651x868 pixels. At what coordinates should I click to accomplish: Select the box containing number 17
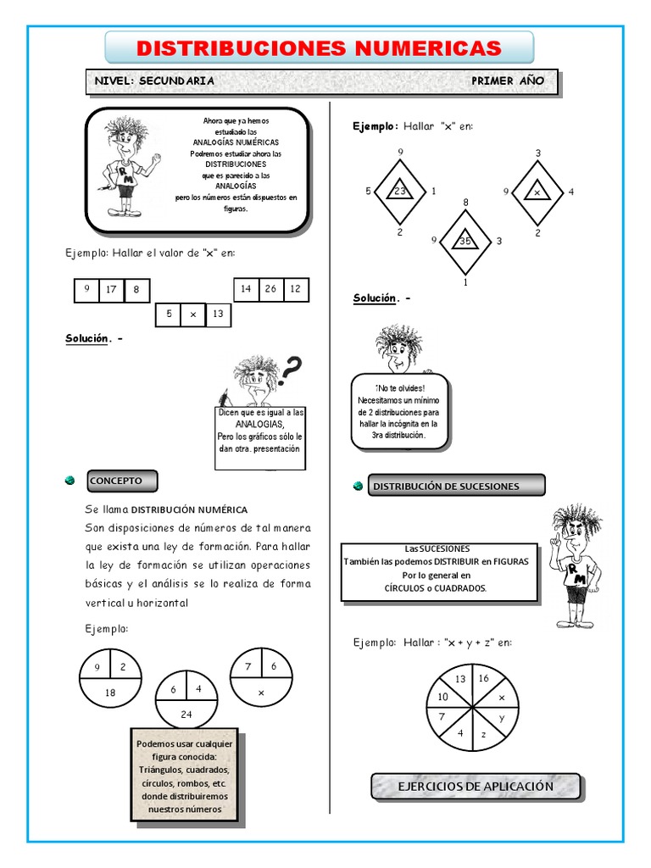pyautogui.click(x=111, y=290)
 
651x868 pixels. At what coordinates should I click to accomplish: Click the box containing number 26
pyautogui.click(x=271, y=289)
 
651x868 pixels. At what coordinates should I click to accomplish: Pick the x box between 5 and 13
pyautogui.click(x=192, y=314)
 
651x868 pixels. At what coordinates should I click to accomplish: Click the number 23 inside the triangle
pyautogui.click(x=400, y=192)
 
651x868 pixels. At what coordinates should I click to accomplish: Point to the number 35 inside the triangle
pyautogui.click(x=465, y=241)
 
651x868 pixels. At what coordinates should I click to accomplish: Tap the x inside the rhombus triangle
pyautogui.click(x=537, y=192)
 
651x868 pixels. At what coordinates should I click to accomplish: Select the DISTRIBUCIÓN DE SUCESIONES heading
pyautogui.click(x=458, y=486)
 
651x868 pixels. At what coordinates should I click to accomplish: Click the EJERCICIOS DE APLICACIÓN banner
pyautogui.click(x=476, y=787)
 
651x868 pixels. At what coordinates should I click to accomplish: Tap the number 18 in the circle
pyautogui.click(x=110, y=693)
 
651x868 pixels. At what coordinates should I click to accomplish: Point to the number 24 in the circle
pyautogui.click(x=186, y=715)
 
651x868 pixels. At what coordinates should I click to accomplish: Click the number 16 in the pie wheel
pyautogui.click(x=483, y=678)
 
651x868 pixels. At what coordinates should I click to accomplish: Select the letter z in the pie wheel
pyautogui.click(x=483, y=734)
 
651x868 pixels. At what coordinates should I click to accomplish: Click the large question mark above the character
pyautogui.click(x=292, y=368)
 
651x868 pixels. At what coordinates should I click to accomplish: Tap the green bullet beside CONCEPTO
pyautogui.click(x=70, y=481)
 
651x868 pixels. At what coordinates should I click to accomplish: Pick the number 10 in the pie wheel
pyautogui.click(x=442, y=697)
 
